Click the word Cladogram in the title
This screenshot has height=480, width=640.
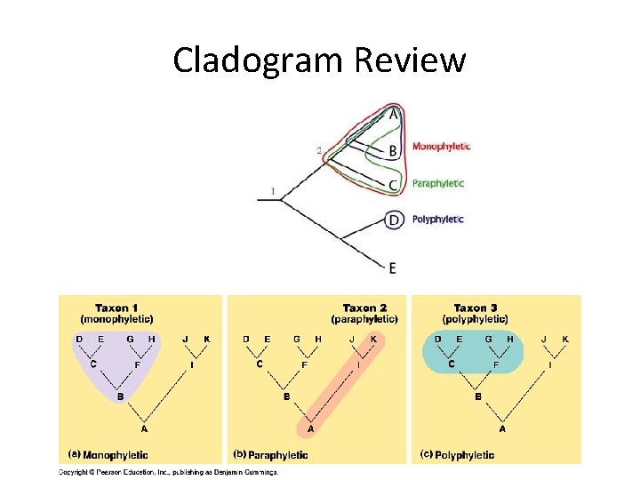(x=259, y=61)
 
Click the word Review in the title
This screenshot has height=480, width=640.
(x=410, y=61)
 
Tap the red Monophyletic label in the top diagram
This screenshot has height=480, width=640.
(x=441, y=147)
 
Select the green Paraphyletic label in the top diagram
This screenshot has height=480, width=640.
(x=437, y=183)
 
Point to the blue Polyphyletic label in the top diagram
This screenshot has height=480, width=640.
(x=437, y=219)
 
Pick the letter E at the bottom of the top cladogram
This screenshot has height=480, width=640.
(x=392, y=268)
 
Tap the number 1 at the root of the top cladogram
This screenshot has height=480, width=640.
(x=272, y=190)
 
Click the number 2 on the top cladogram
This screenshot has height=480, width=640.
(x=319, y=150)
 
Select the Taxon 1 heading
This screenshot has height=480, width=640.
(x=116, y=308)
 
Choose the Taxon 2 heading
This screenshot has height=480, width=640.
(x=364, y=308)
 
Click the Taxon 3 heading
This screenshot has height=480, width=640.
(x=476, y=308)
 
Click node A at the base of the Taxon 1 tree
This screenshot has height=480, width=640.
(x=145, y=428)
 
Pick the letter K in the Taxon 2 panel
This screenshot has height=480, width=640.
(x=373, y=339)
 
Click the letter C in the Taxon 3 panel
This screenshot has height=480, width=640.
(x=451, y=364)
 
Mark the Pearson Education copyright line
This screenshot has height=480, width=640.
(x=169, y=472)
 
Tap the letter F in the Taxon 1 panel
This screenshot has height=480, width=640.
(x=136, y=364)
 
